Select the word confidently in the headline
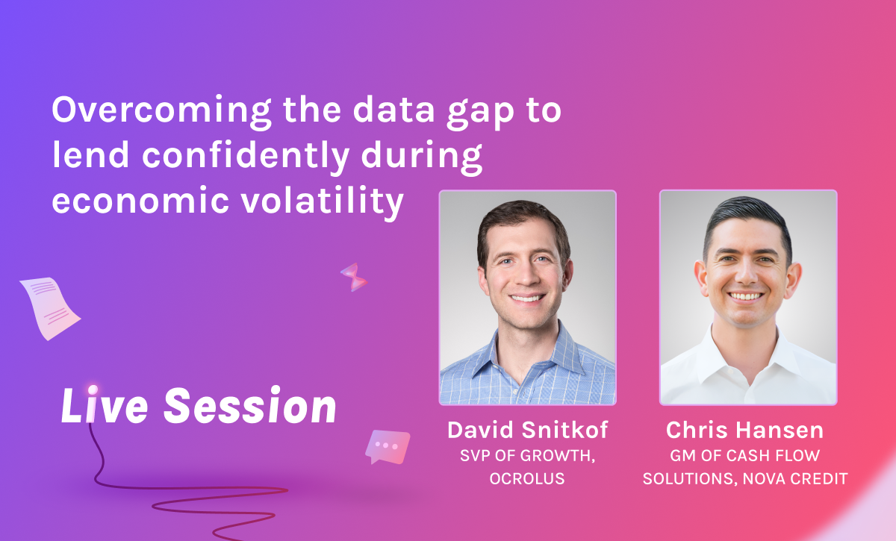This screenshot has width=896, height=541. (246, 157)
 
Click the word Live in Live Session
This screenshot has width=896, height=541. (105, 404)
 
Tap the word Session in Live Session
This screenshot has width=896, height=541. (250, 405)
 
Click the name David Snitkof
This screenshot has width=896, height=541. (528, 431)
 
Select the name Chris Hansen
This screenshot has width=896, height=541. (745, 431)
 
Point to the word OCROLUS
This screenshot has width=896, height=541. (527, 478)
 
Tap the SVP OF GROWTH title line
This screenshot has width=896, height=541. (528, 456)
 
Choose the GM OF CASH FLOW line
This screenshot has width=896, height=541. (745, 455)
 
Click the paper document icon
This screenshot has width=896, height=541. (49, 308)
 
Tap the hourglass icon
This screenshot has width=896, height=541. (354, 277)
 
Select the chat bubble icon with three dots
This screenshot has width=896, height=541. (388, 447)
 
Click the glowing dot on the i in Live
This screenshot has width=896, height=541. (93, 390)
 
